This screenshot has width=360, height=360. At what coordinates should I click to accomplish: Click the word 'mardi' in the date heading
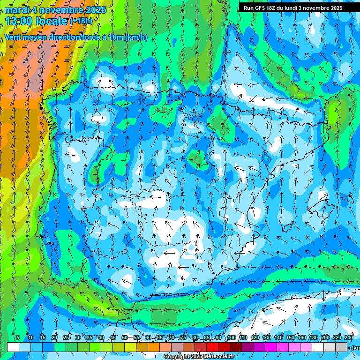tap(17, 10)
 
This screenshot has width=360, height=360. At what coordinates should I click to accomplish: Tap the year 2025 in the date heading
tap(93, 10)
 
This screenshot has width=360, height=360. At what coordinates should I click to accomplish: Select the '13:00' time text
tap(19, 21)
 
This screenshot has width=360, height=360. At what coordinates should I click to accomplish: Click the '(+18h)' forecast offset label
tap(81, 21)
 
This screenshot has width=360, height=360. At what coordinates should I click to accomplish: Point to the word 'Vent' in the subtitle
tap(14, 37)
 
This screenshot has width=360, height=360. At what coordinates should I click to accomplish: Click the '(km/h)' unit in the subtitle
tap(136, 37)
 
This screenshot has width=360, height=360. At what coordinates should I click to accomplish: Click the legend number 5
tap(18, 338)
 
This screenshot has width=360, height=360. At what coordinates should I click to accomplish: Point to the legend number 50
tap(124, 338)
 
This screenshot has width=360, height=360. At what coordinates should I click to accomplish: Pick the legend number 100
tap(231, 338)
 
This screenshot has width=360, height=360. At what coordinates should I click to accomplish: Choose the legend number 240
tap(349, 338)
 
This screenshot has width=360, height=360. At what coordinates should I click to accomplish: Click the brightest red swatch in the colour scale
tap(212, 347)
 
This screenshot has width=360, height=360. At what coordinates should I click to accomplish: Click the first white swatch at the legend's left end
tap(13, 347)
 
